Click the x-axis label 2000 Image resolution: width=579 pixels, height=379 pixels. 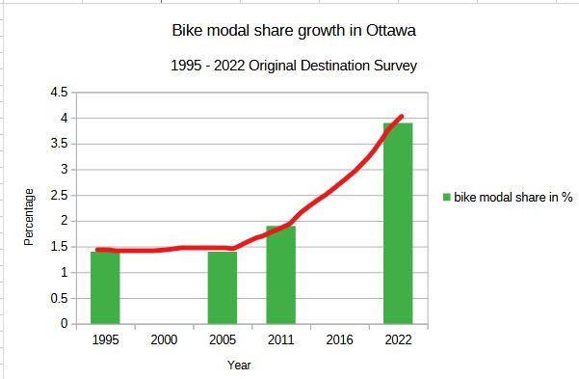(164, 340)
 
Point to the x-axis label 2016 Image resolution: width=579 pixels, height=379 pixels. (339, 340)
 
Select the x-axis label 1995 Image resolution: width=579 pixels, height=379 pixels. (105, 340)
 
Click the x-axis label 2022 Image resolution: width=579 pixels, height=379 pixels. (398, 340)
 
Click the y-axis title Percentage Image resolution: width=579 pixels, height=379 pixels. (29, 217)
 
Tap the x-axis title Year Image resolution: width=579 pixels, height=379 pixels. (239, 365)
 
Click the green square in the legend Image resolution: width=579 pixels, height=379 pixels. (446, 198)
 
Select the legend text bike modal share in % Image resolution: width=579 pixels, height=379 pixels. (513, 198)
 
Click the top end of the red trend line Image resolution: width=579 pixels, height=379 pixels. (401, 117)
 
